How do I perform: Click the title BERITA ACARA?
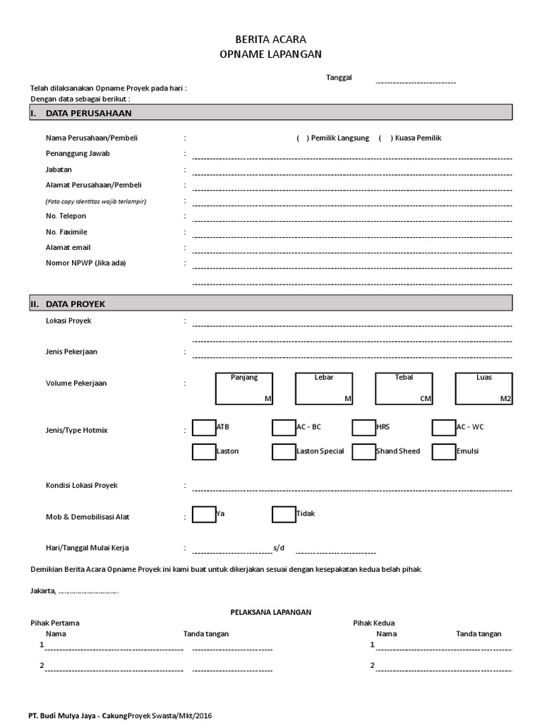click(271, 40)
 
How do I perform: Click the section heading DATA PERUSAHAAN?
click(88, 113)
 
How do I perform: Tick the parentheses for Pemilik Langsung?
click(301, 138)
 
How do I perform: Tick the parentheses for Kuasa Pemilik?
click(385, 138)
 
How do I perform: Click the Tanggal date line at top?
click(415, 82)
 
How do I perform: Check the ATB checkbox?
click(204, 428)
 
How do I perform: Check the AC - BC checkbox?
click(284, 428)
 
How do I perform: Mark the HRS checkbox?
click(363, 428)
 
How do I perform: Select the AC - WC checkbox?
click(444, 428)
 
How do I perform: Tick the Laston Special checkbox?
click(284, 452)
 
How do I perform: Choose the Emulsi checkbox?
click(444, 452)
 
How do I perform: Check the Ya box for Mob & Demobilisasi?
click(204, 515)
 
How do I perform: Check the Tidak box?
click(284, 515)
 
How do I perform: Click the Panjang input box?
click(244, 389)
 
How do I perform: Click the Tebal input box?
click(404, 389)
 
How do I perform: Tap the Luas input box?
click(484, 389)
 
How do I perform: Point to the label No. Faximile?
click(66, 232)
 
